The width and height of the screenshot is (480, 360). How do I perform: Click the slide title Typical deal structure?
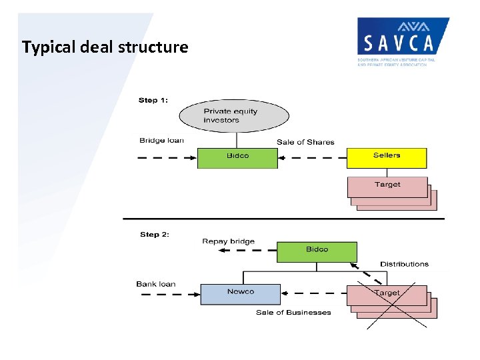(x=105, y=47)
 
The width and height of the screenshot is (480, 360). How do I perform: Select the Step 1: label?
(x=153, y=100)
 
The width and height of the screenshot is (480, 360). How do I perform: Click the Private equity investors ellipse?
(x=234, y=116)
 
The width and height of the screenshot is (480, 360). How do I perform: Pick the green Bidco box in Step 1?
(x=237, y=157)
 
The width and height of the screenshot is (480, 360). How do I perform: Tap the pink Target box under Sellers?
(x=387, y=186)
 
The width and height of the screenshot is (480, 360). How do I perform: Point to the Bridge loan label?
(x=161, y=141)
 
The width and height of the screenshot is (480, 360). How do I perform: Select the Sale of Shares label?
(x=305, y=142)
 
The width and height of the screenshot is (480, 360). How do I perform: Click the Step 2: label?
(x=154, y=235)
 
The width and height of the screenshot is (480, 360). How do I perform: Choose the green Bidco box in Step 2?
(x=317, y=251)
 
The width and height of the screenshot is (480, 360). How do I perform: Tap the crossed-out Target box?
(x=387, y=294)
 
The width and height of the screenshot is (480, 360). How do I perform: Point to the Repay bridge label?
(x=228, y=241)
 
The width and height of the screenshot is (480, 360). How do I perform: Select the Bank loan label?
(x=156, y=284)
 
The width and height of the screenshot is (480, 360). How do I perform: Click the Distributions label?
(x=404, y=264)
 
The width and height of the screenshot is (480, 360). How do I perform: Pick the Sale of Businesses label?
(x=293, y=313)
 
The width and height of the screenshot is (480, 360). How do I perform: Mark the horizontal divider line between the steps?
(x=280, y=219)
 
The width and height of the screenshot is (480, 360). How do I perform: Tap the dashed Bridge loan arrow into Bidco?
(x=167, y=158)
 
